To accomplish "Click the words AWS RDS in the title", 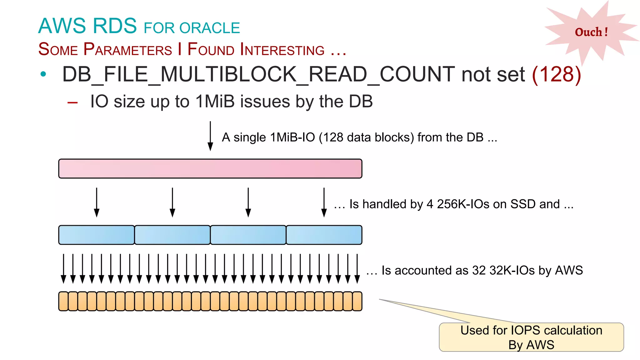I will (x=87, y=26).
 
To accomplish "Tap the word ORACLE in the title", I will (x=210, y=28).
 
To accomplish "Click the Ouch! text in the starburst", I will (x=591, y=32).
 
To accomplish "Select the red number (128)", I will (x=556, y=74).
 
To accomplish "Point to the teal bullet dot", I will (x=43, y=74).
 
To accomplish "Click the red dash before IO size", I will (x=72, y=102).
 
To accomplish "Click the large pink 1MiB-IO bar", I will (x=210, y=169).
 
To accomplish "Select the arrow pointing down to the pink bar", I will (x=210, y=136).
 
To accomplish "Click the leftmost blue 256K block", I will (x=97, y=235).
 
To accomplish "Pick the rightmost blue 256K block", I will (x=324, y=235).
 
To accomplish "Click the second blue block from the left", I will (x=172, y=235).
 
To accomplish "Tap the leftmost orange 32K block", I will (x=63, y=301).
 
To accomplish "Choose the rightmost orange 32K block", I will (x=357, y=301).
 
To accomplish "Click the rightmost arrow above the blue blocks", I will (x=324, y=202).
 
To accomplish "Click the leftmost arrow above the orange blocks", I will (x=63, y=269).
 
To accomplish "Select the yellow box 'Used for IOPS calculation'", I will (x=531, y=337).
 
